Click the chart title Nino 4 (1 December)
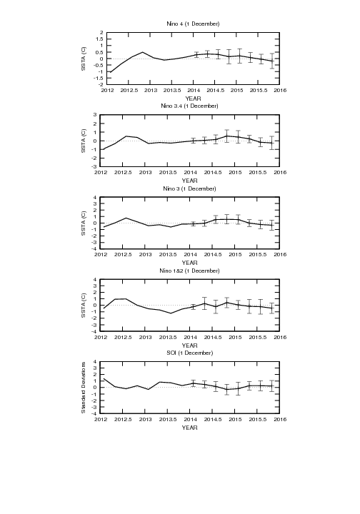193,24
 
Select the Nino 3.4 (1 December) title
189,106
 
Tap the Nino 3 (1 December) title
189,188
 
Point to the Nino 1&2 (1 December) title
189,271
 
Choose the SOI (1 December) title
189,353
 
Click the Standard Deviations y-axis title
84,388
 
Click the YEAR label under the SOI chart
189,428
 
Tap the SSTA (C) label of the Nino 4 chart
84,59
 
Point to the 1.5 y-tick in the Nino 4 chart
100,39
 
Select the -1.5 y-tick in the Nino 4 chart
99,78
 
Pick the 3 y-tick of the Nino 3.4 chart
95,115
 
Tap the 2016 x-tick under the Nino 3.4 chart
280,173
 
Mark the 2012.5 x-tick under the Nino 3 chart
123,255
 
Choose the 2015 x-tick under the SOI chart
235,419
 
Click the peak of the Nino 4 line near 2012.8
142,52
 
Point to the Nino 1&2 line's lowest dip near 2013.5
171,313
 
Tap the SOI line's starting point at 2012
104,378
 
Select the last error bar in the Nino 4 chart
272,61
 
